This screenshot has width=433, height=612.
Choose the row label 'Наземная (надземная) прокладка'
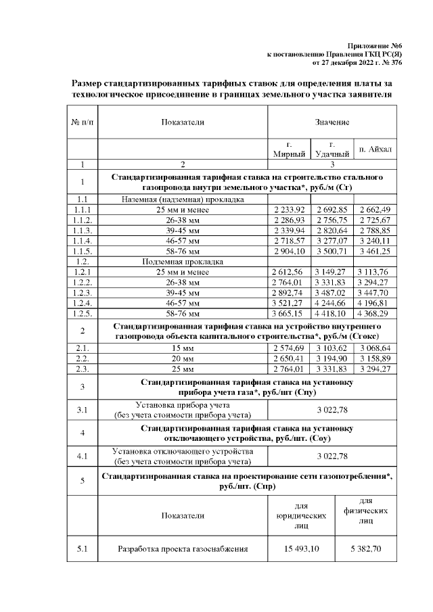tap(183, 200)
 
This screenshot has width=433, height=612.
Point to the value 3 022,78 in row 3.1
tap(332, 409)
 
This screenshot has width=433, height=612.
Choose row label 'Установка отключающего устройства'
tap(183, 451)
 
